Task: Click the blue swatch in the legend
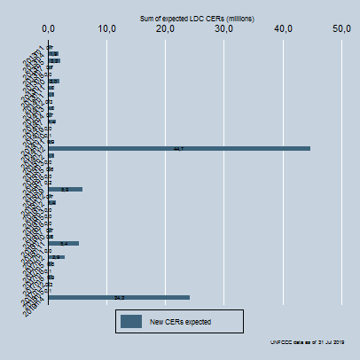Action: point(132,321)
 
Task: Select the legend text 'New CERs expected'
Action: point(181,321)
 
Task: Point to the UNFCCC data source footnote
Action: point(308,342)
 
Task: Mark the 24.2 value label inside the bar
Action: point(119,297)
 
